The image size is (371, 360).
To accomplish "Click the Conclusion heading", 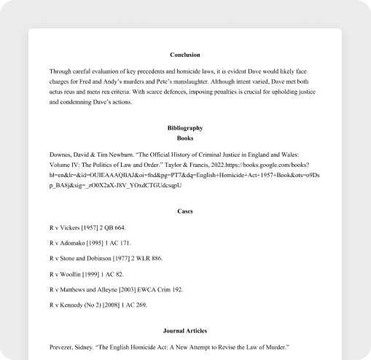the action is (x=184, y=55).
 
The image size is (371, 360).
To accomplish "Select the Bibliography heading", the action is (x=184, y=128).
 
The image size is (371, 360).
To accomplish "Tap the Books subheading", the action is (x=184, y=138).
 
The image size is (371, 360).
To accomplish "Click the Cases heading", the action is (x=184, y=211).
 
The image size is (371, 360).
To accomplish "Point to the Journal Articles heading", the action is (x=184, y=331).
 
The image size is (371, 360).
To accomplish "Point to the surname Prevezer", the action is (x=64, y=347).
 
